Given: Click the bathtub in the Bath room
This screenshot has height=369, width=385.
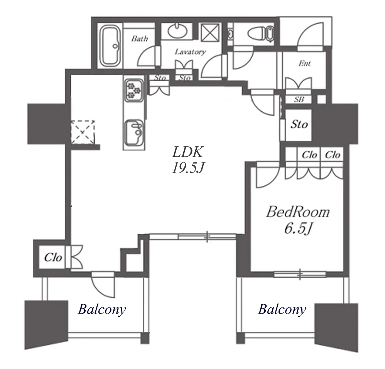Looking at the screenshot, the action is coord(110,46).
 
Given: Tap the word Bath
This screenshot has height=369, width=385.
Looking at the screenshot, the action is coord(140,39).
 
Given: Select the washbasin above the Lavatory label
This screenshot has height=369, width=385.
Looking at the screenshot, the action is coord(178,31).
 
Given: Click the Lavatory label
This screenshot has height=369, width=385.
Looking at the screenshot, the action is coord(190,52).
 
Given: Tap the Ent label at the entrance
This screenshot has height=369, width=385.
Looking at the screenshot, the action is coord(305,64).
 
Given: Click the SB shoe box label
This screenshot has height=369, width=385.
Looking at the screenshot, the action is coord(299,99).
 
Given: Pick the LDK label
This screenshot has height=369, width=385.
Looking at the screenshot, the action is coord(187,152).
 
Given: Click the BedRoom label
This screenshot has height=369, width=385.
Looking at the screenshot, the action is coord(298,212).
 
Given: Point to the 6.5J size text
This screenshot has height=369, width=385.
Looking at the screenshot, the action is coord(298,229).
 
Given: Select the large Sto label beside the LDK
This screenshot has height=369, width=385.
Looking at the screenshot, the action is coord(299,124).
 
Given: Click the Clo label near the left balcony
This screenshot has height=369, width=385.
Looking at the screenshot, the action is coord(53,257).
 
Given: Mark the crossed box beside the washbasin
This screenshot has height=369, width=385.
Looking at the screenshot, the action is coord(210,32).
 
